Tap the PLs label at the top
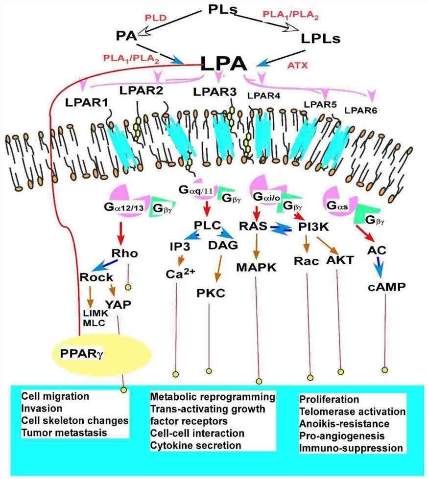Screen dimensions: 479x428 222,10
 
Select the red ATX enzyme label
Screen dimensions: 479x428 297,64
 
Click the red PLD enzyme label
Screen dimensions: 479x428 156,18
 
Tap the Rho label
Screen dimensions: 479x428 125,253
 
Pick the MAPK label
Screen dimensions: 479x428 257,268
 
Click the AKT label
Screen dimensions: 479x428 339,260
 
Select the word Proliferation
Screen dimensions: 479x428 329,400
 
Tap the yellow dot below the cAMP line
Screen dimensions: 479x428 385,370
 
